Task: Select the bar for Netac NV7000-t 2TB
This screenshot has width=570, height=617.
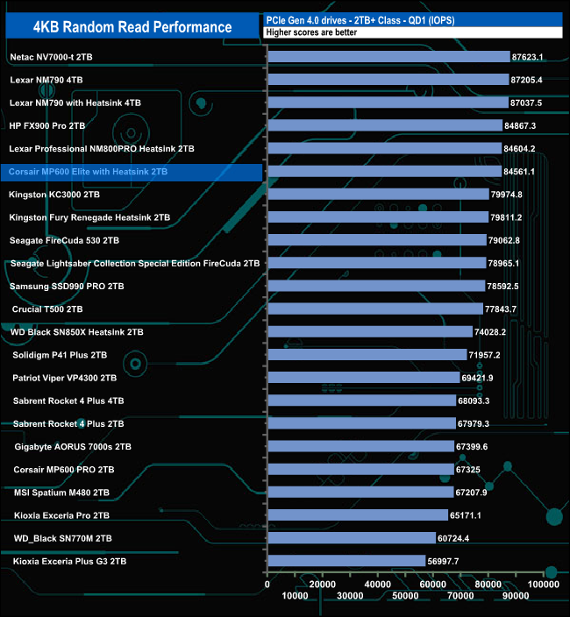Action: click(388, 57)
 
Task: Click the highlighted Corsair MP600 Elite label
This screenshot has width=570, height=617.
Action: click(88, 172)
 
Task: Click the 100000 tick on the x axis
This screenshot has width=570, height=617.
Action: click(545, 583)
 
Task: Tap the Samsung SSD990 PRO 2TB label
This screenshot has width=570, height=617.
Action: click(67, 286)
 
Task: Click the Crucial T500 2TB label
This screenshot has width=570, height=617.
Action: click(47, 309)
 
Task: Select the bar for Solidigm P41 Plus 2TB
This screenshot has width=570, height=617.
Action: click(367, 355)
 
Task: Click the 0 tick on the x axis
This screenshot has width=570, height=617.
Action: click(267, 583)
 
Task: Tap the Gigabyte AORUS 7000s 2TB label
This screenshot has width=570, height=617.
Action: click(73, 446)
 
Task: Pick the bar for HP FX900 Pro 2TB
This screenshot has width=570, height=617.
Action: click(384, 125)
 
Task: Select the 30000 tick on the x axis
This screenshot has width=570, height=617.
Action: click(351, 596)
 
